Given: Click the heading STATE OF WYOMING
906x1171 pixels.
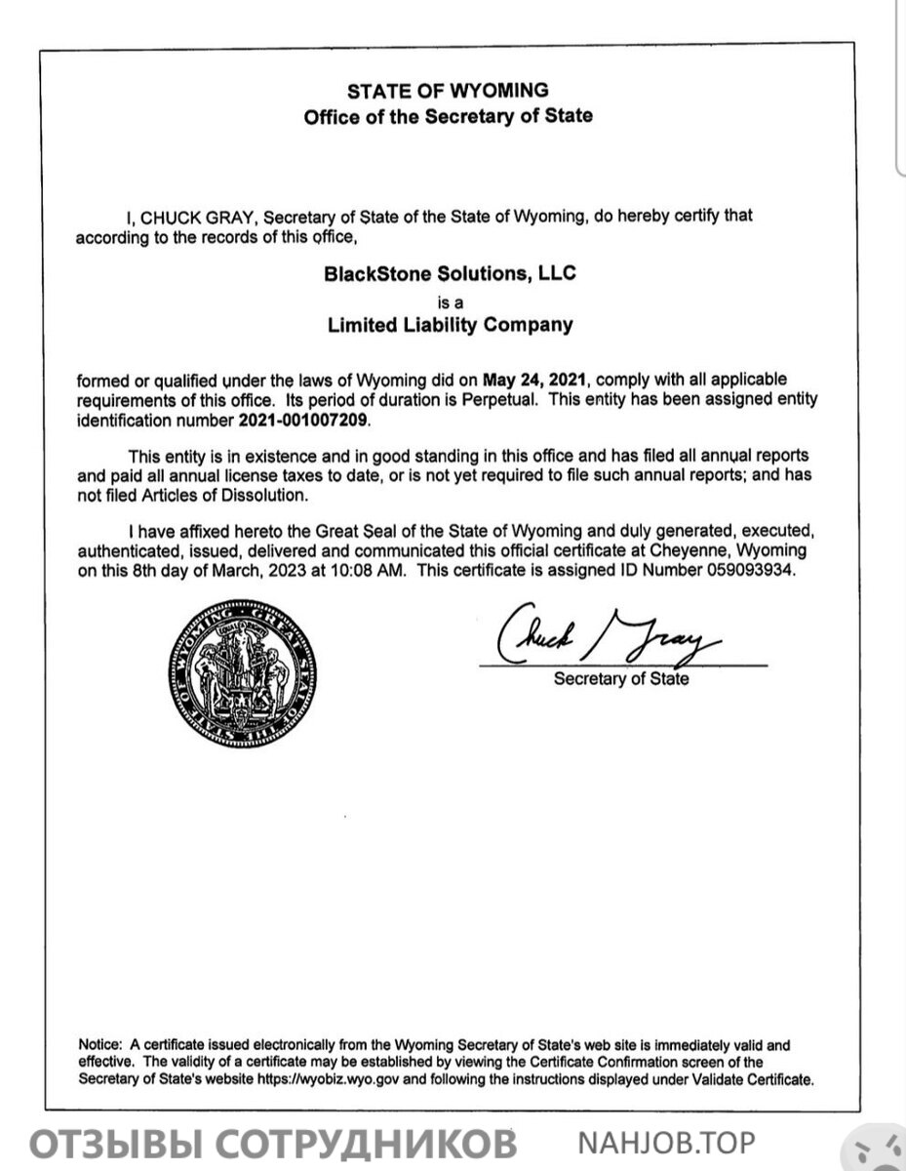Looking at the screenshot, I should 449,92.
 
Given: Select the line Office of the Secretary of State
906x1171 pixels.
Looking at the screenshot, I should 449,116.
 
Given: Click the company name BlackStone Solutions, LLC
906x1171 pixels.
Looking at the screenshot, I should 450,274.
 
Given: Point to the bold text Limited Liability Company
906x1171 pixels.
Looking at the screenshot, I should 450,325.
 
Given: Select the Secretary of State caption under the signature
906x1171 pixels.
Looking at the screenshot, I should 621,679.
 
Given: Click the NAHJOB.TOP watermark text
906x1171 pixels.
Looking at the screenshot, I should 667,1142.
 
